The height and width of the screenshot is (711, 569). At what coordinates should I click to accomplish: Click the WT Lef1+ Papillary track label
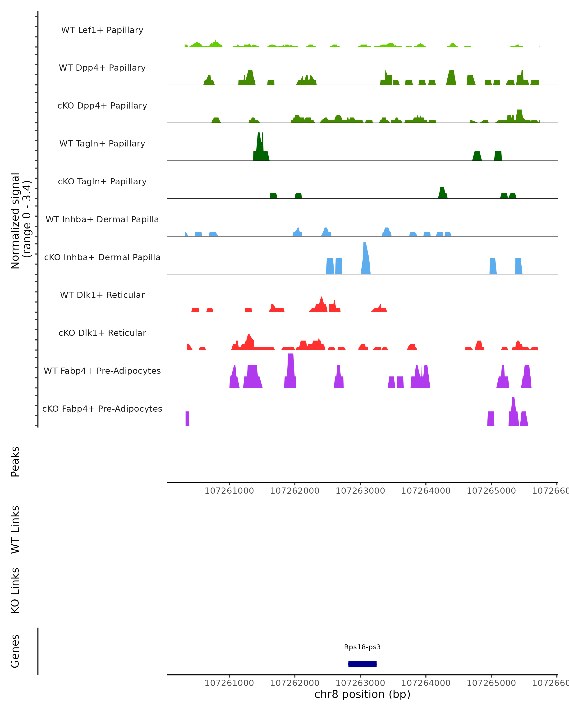click(102, 30)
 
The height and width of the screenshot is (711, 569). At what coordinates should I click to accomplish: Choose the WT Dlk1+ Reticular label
click(102, 295)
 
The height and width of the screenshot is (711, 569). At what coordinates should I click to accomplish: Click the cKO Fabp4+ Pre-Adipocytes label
click(102, 409)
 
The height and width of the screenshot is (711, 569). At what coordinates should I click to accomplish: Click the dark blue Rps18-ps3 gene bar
click(363, 664)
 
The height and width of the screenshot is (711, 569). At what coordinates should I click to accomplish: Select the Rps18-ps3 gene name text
click(362, 647)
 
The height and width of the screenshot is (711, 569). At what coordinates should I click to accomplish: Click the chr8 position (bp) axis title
click(362, 694)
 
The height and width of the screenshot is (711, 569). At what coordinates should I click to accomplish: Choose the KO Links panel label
click(15, 590)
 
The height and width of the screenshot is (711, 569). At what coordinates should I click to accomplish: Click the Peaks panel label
click(15, 461)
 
